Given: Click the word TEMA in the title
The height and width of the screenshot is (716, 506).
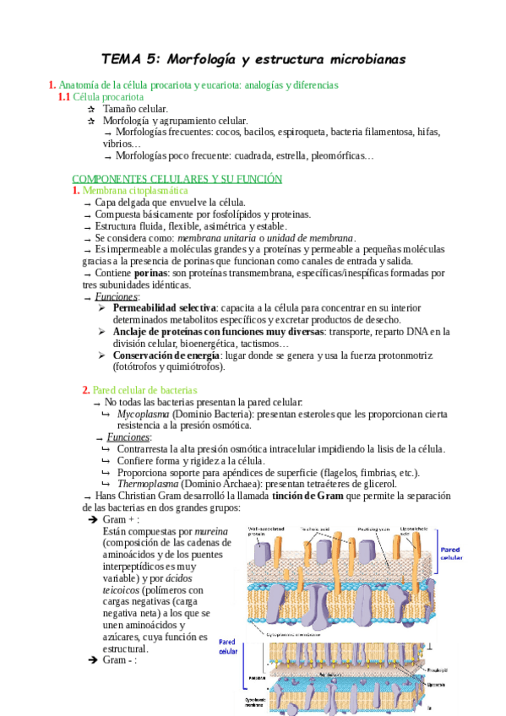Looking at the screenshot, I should point(122,60).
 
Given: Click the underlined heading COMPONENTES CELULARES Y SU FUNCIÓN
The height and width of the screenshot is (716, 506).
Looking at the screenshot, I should point(177,179).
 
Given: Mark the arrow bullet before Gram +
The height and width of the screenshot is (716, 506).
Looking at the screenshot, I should point(93,520).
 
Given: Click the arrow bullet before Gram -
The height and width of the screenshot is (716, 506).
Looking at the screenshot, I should point(93,660).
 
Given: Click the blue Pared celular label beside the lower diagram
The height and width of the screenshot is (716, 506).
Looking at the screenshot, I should point(228,647).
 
